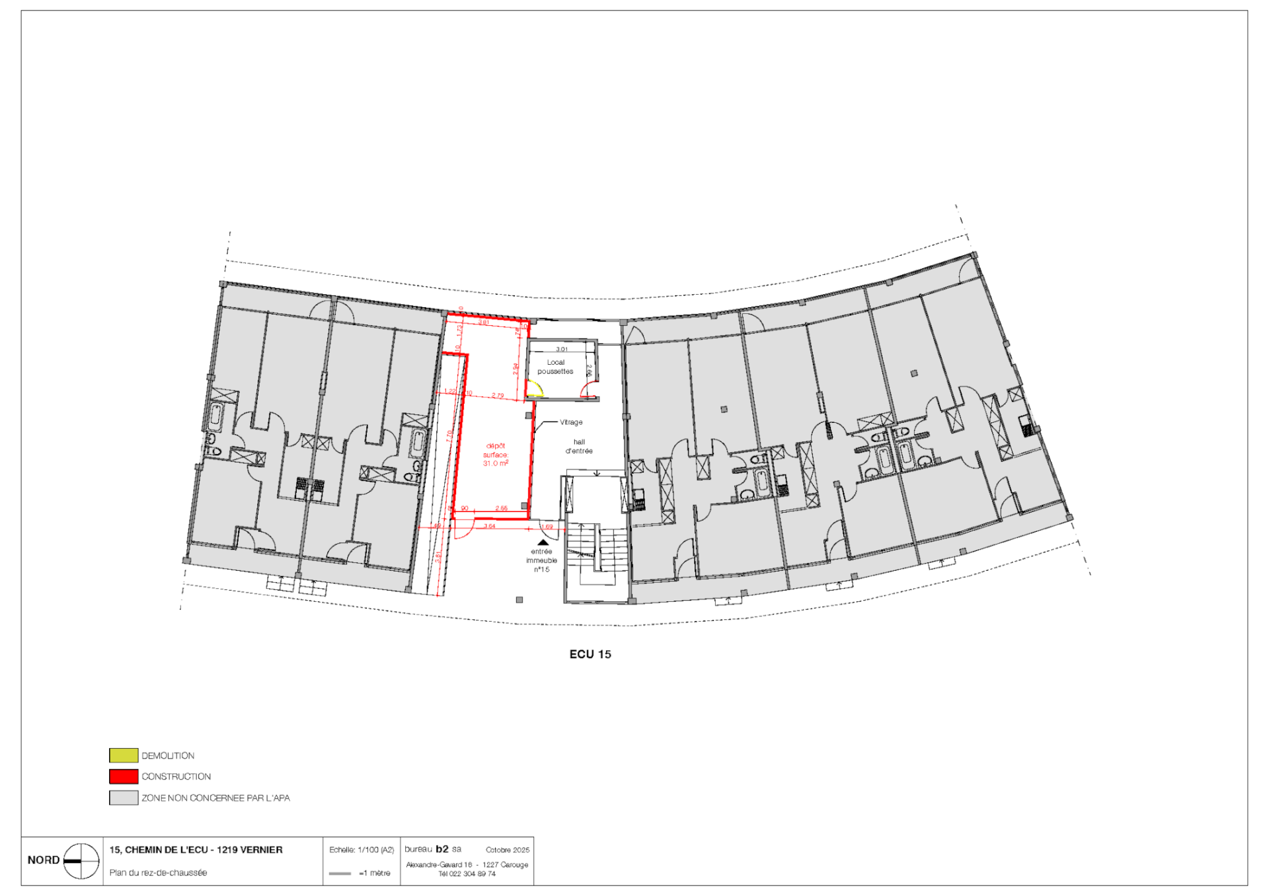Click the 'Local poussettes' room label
[555, 367]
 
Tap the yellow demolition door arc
[535, 389]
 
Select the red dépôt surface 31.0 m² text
[495, 455]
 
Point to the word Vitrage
[571, 422]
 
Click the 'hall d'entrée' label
[579, 447]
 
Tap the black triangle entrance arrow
[543, 542]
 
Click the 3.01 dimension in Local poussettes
[562, 349]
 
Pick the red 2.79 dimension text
[498, 396]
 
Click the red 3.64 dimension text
[489, 526]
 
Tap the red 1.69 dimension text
[547, 527]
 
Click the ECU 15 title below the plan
[590, 654]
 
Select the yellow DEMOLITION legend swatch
[124, 755]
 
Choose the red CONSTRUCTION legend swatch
[124, 776]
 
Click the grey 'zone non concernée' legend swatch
[124, 798]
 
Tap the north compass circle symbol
[81, 861]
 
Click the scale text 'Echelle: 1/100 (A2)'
[362, 850]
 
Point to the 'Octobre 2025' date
[508, 850]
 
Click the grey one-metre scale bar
[340, 874]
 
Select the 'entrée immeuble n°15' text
[541, 560]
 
